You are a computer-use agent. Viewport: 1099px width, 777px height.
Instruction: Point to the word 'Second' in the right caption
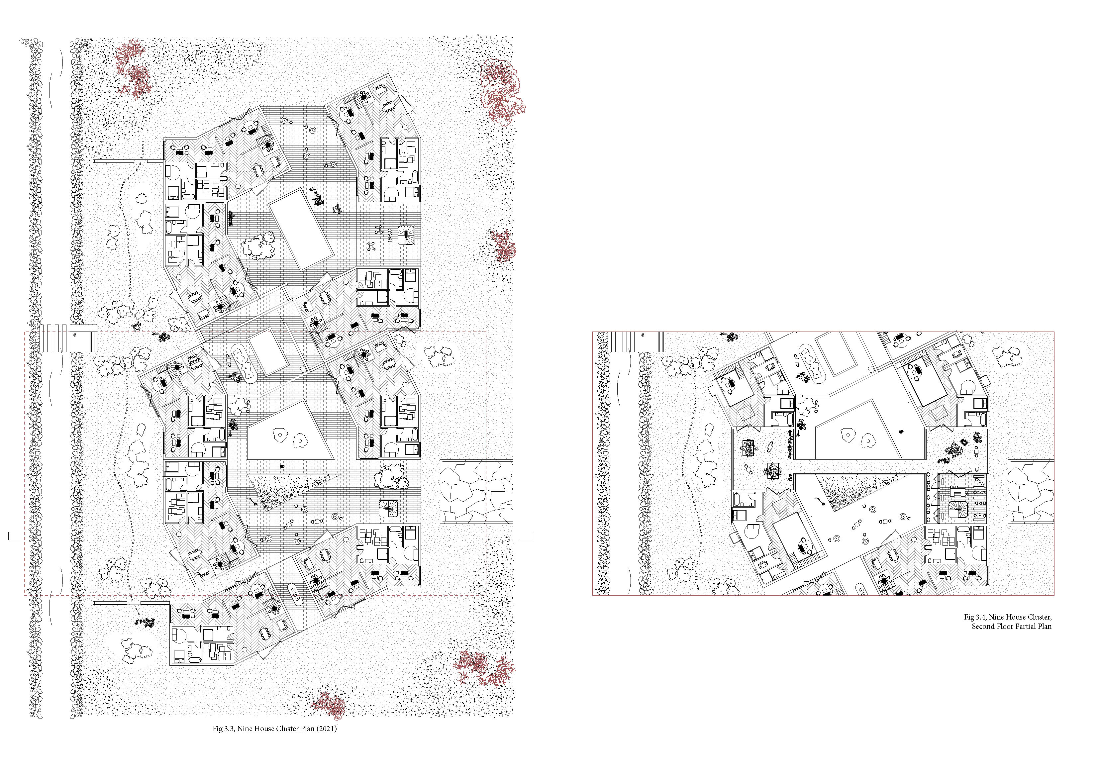tap(983, 626)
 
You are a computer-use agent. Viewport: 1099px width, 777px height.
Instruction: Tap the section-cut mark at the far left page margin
tap(15, 537)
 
